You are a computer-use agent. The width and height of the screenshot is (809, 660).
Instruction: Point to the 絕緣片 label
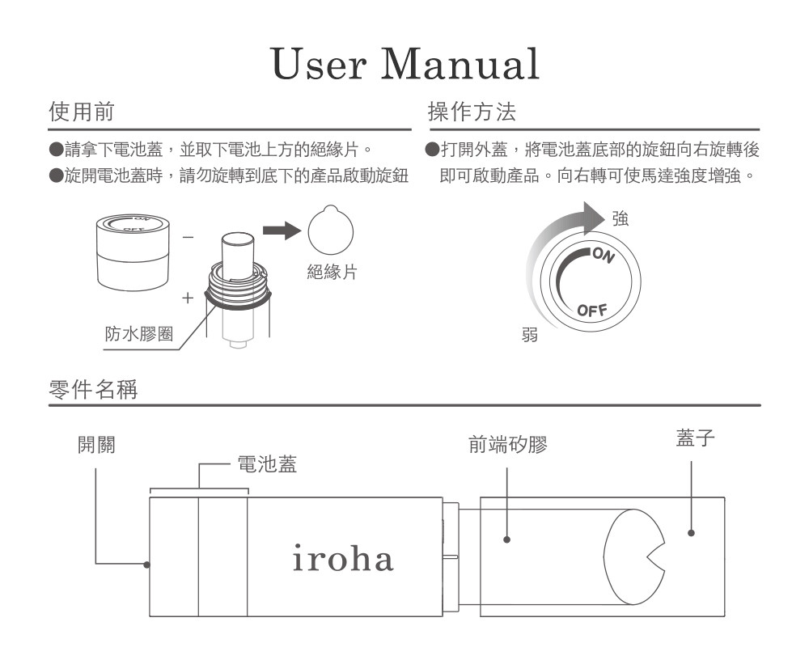(332, 273)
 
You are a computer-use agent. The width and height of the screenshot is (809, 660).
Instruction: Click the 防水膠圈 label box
(139, 333)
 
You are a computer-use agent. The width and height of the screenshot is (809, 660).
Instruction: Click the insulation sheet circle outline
(330, 231)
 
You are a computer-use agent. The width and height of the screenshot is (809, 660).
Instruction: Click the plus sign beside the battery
(188, 298)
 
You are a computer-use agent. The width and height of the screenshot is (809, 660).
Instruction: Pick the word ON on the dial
(602, 256)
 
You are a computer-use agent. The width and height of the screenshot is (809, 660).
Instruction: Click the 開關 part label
(95, 445)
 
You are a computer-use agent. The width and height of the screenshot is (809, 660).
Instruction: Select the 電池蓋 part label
(266, 464)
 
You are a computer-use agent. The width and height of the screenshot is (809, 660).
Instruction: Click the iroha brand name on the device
(343, 559)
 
